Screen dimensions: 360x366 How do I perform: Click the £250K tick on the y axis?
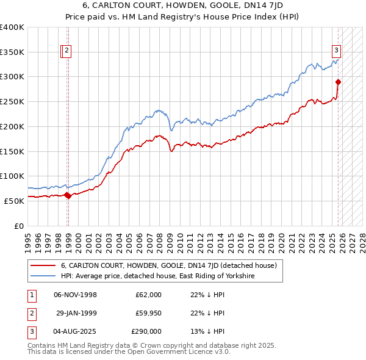pos(12,101)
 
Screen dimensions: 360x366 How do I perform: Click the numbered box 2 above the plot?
pos(66,51)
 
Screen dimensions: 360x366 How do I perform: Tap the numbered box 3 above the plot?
pos(336,51)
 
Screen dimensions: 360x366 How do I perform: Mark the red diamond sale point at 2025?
pos(339,82)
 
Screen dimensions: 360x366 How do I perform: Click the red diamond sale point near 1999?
pos(68,195)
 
